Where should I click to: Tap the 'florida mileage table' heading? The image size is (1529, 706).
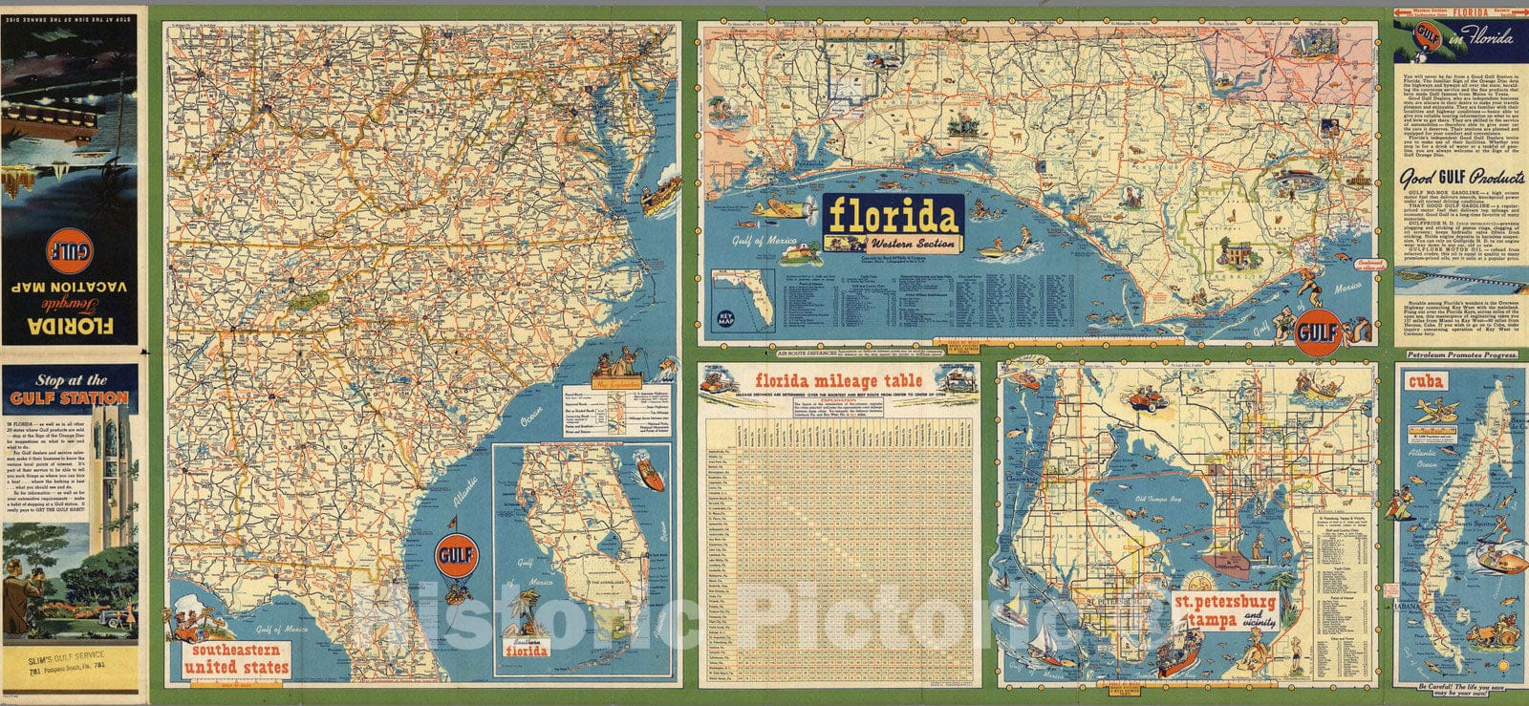pyautogui.click(x=840, y=378)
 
